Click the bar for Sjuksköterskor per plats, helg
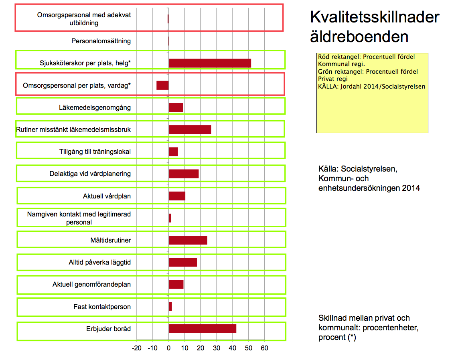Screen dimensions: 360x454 pos(210,63)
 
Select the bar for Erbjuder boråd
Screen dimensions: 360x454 pos(202,329)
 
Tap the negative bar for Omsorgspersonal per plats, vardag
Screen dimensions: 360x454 pos(162,85)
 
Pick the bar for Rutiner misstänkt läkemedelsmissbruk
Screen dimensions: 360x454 pos(190,129)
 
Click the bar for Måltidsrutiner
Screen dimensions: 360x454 pos(188,240)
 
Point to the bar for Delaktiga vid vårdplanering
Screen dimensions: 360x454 pos(184,174)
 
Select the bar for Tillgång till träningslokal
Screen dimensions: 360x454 pos(173,152)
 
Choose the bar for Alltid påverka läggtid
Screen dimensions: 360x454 pos(182,262)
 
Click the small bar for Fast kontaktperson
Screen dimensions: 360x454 pos(170,307)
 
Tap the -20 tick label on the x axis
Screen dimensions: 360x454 pos(137,348)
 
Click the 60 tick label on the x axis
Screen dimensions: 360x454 pos(264,348)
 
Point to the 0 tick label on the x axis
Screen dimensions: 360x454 pos(168,348)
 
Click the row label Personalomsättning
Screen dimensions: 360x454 pos(101,41)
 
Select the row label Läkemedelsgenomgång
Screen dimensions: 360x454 pos(95,107)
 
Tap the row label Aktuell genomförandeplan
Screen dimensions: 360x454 pos(91,285)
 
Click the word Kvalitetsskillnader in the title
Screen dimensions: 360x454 pos(375,18)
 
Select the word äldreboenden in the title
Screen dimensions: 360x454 pos(359,37)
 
